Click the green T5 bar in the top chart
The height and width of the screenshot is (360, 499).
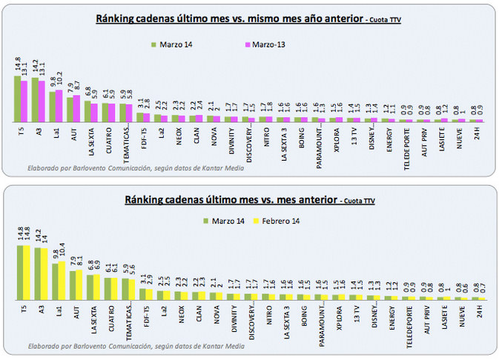tap(17, 99)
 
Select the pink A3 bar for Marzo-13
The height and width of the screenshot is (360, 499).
tap(42, 101)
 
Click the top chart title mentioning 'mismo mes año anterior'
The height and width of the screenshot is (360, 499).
tap(230, 19)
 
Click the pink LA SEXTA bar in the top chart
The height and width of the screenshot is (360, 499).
tap(95, 111)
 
